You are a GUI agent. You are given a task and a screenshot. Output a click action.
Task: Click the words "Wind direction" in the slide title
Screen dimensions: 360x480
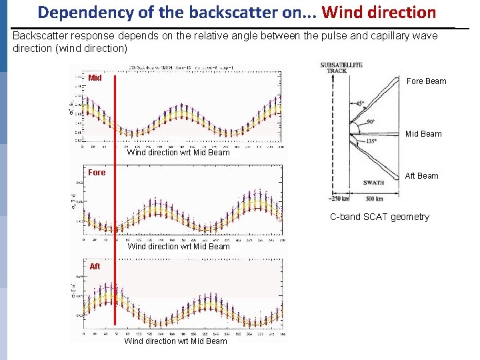pos(379,12)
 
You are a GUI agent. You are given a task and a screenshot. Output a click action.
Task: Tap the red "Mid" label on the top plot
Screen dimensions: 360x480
pos(95,78)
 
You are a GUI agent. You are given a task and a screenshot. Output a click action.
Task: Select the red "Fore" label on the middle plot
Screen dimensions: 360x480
pos(97,173)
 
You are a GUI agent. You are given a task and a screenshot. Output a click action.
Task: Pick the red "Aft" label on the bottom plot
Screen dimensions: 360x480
pos(95,267)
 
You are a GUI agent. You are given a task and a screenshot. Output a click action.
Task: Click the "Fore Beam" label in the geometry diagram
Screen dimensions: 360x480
pos(426,81)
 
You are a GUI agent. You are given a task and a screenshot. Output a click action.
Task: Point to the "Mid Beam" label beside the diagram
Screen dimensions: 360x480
pos(423,134)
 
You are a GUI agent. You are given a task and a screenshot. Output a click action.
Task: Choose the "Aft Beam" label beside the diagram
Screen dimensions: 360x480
pos(423,176)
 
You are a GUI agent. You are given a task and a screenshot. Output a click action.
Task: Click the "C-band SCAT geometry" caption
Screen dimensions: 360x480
pos(379,217)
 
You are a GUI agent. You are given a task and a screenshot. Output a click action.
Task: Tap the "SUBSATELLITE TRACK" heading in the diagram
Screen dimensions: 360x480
pos(341,67)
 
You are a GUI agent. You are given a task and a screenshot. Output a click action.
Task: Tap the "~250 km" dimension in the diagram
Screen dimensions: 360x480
pos(339,198)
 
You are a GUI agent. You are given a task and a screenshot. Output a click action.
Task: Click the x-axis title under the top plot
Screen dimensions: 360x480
pos(178,153)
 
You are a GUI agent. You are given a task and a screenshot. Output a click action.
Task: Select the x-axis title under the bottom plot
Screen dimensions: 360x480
pos(175,341)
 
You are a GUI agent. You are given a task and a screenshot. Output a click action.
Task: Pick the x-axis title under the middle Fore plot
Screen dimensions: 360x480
pos(178,247)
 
